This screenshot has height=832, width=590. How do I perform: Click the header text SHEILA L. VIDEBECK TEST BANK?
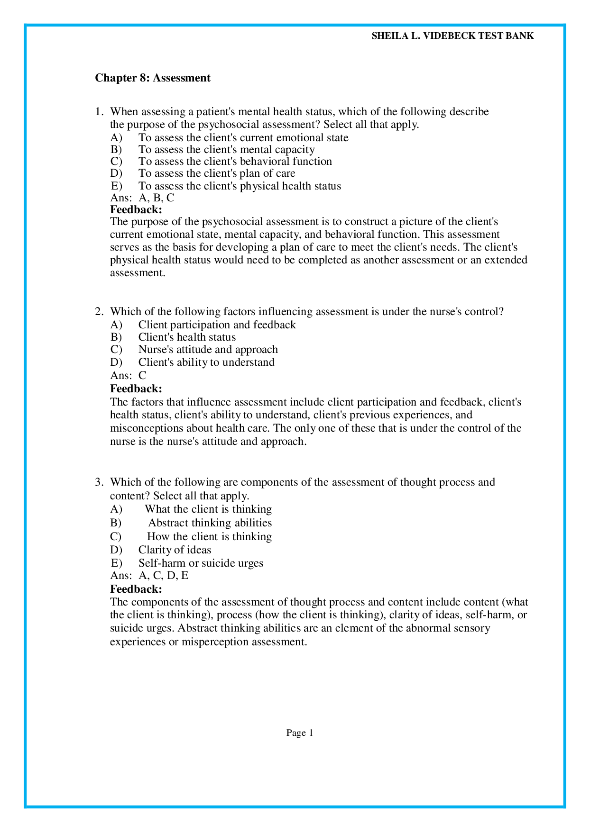452,36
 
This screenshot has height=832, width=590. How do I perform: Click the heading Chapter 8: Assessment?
153,78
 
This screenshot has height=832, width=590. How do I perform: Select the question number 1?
98,112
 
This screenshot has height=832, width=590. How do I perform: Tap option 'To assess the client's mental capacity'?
226,150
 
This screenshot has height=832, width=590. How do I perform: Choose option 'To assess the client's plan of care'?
216,173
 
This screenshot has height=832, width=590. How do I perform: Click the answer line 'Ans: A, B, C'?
142,198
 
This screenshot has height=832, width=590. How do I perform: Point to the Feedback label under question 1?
136,209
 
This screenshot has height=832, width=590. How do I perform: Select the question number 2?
98,312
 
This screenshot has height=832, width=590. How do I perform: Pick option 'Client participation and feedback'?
217,325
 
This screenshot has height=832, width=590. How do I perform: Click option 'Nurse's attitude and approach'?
208,350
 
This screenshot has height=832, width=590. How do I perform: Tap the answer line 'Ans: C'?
129,376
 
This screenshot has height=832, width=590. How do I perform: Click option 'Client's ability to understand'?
206,362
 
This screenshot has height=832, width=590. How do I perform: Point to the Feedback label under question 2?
136,389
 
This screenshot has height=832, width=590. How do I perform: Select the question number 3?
98,482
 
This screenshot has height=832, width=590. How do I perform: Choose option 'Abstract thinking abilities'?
210,523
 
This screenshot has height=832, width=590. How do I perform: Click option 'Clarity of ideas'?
175,550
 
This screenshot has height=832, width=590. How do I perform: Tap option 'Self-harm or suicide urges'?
201,563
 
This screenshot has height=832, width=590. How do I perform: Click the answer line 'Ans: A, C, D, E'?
149,576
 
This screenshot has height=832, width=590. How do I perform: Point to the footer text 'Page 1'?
300,733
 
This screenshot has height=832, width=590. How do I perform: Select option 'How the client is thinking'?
209,537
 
